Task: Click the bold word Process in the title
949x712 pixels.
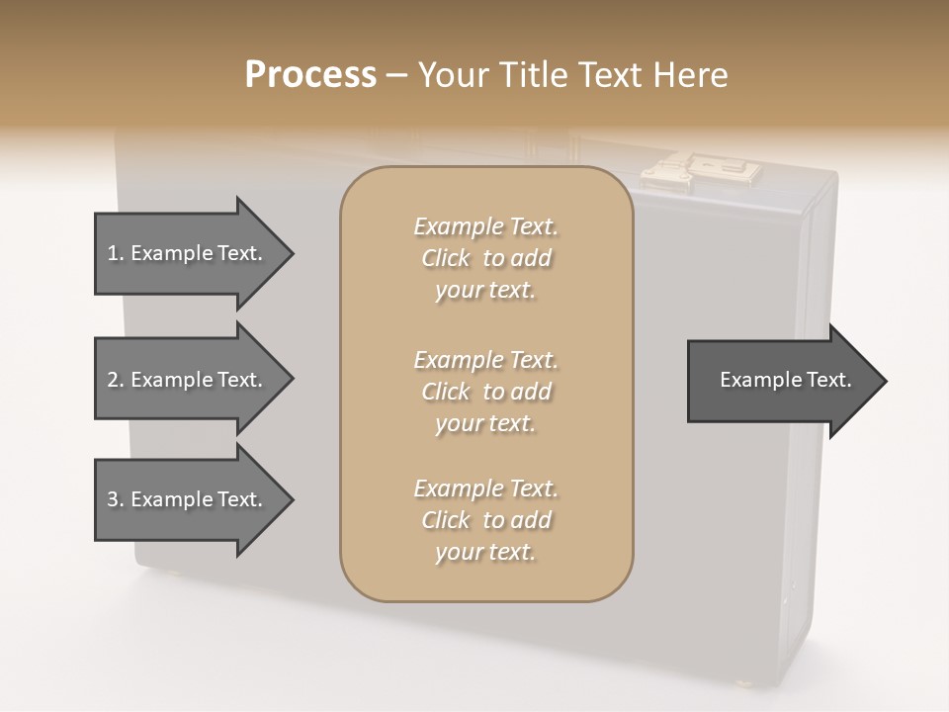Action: (x=310, y=75)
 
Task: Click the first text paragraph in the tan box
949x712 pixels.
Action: (x=485, y=258)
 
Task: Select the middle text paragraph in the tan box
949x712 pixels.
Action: (x=485, y=392)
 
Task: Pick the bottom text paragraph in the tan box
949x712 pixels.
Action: (x=485, y=520)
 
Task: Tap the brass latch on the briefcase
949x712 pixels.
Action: (x=703, y=172)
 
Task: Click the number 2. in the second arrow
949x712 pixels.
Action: (x=115, y=380)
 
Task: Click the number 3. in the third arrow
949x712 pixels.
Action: (x=115, y=499)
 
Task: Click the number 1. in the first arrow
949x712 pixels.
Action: (x=115, y=253)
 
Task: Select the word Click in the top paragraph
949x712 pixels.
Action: (x=446, y=258)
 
